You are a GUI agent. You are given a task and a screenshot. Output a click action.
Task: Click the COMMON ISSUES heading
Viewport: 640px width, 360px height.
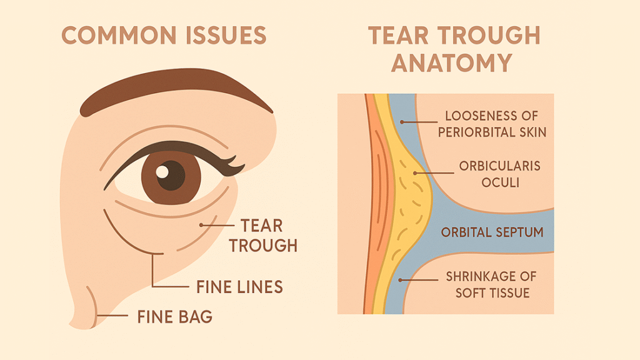coord(164,35)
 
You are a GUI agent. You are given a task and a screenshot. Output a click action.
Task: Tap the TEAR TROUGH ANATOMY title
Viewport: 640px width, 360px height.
coord(454,49)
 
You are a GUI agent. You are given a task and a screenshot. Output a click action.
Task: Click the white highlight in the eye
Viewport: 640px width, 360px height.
coord(162,172)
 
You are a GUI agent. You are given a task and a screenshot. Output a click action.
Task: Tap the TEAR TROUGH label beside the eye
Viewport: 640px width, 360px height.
coord(263,236)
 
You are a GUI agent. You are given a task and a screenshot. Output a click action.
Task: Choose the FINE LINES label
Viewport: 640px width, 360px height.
coord(239,287)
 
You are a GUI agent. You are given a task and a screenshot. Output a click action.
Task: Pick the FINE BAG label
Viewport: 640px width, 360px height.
coord(175,317)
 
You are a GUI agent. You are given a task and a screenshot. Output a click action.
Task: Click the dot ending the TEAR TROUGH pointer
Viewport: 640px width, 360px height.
coord(201,225)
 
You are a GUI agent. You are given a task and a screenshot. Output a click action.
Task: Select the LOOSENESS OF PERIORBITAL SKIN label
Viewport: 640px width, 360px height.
coord(492,124)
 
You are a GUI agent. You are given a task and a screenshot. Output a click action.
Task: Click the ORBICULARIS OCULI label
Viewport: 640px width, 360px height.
coord(500,174)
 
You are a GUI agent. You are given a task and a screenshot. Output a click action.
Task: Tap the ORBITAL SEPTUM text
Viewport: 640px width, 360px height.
coord(492,232)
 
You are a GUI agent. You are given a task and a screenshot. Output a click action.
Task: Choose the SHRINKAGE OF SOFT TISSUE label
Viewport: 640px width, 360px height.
coord(491,284)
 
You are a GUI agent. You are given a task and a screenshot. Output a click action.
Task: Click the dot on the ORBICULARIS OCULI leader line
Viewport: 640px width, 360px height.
coord(415,173)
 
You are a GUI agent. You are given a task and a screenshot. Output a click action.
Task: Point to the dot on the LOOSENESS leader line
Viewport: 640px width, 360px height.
coord(402,122)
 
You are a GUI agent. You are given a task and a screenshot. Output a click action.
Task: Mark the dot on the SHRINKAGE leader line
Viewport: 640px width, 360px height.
coord(401,280)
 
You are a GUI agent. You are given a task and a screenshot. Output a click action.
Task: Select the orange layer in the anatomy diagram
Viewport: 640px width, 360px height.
coord(372,204)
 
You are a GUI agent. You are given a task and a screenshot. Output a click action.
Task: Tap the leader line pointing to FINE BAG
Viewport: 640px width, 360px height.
coord(112,316)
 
